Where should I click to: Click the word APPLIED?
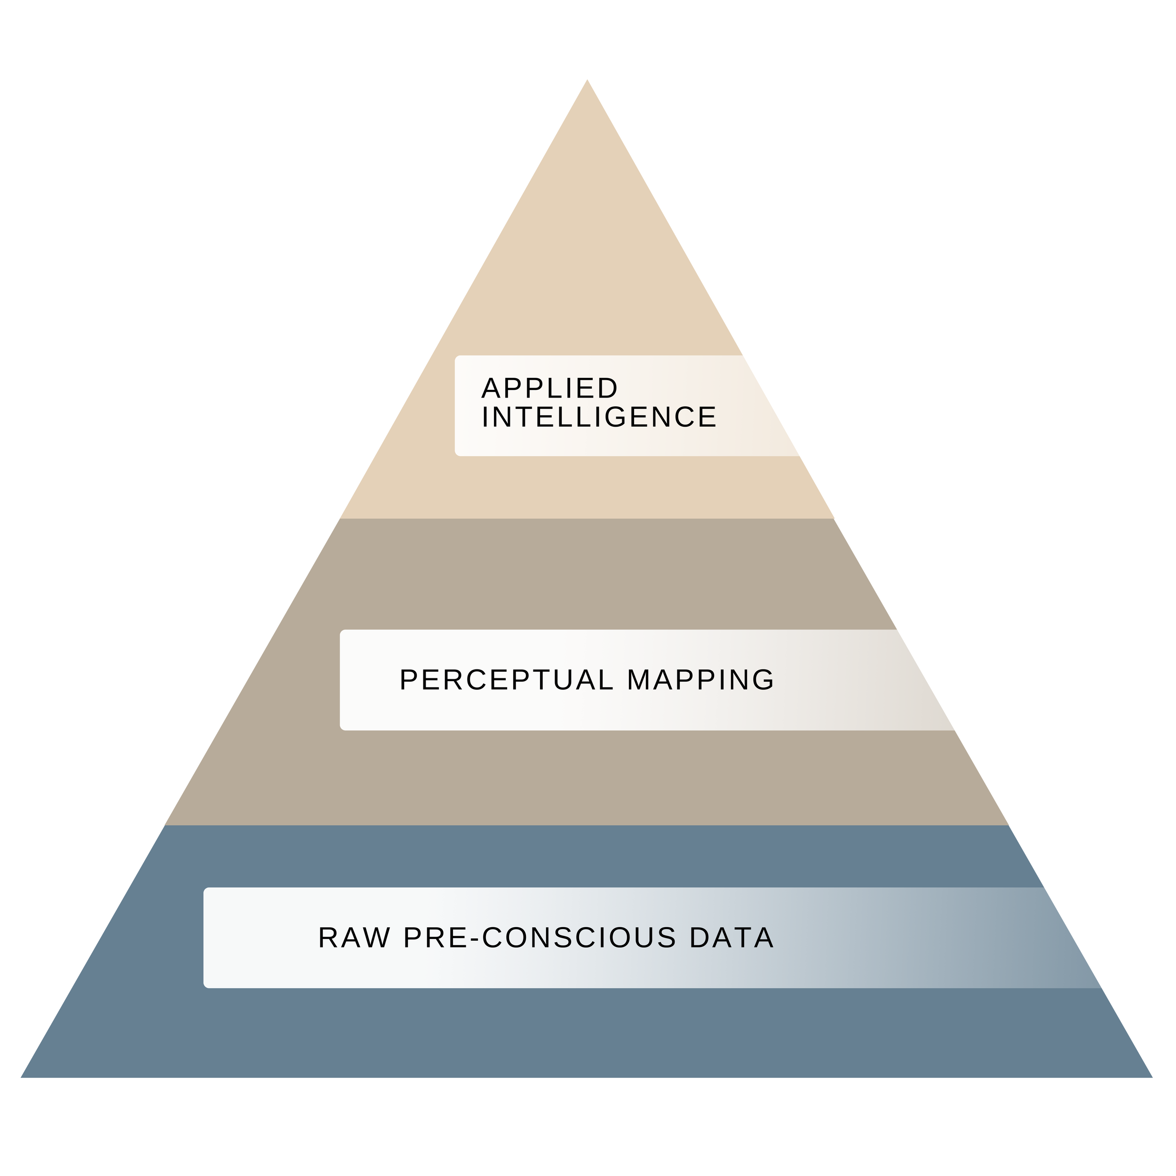[x=549, y=389]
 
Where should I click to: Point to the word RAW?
[x=354, y=938]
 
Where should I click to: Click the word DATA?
[x=731, y=938]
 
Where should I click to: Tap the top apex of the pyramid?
[x=587, y=81]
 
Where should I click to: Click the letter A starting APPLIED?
[x=490, y=389]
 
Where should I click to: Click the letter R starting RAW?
[x=327, y=938]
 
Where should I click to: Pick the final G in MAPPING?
[x=763, y=680]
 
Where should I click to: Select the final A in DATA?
[x=764, y=938]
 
